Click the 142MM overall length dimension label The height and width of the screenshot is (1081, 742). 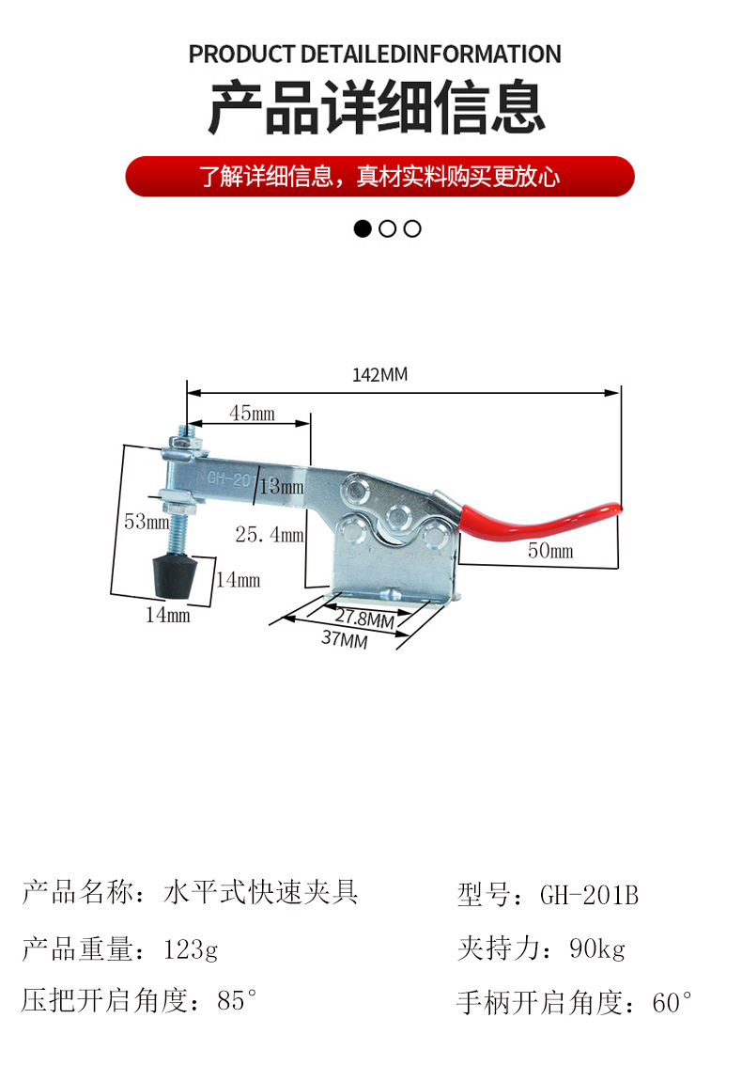tap(379, 374)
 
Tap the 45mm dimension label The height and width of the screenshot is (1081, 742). tap(252, 413)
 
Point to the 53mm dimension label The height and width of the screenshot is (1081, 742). tap(147, 521)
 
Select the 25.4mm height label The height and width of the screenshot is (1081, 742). tap(270, 534)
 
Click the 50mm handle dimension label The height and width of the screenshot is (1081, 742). tap(550, 550)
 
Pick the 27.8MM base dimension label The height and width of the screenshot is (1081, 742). tap(364, 618)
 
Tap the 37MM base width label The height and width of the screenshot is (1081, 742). tap(345, 639)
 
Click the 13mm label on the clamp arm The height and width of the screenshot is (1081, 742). tap(281, 487)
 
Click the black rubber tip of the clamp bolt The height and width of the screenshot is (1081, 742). tap(175, 575)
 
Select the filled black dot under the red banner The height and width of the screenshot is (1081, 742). tap(363, 228)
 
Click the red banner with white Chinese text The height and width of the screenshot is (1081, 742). tap(379, 177)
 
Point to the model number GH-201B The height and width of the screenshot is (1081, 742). tap(589, 895)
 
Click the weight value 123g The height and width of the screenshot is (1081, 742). tap(190, 949)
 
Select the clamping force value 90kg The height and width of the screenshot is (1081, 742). tap(596, 948)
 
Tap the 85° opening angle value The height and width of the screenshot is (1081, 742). tap(237, 1000)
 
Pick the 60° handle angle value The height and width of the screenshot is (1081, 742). tap(672, 1002)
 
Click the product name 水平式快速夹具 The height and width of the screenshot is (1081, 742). tap(260, 891)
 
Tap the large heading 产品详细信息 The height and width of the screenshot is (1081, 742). tap(377, 107)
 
